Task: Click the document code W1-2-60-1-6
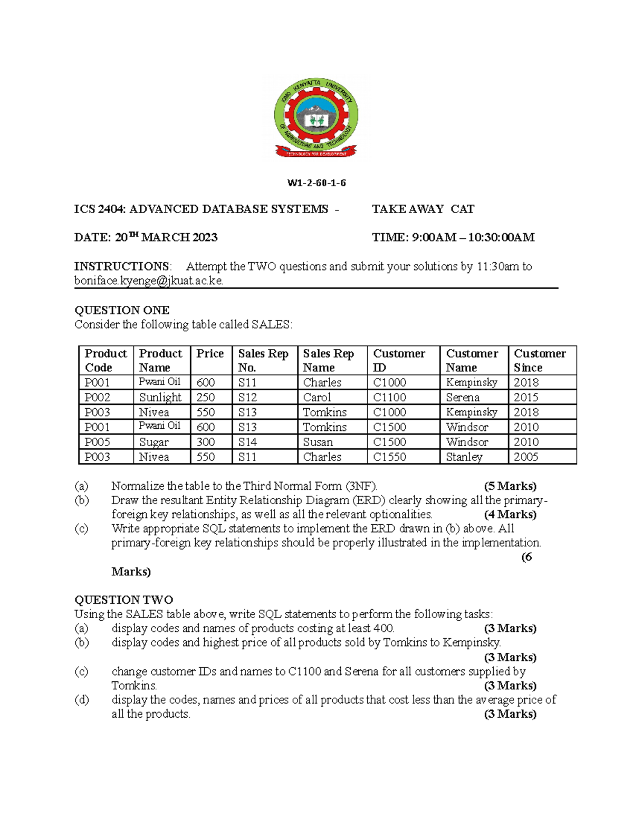[x=316, y=183]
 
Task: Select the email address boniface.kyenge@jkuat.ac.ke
[x=149, y=281]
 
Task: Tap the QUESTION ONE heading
[x=122, y=310]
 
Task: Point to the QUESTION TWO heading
[x=123, y=600]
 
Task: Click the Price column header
[x=210, y=354]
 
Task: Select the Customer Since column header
[x=540, y=360]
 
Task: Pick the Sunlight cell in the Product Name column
[x=160, y=397]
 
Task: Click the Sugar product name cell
[x=154, y=442]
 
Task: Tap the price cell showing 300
[x=206, y=442]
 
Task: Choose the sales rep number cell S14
[x=247, y=442]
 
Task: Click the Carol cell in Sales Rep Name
[x=317, y=397]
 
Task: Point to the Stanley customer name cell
[x=464, y=457]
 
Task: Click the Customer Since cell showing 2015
[x=526, y=397]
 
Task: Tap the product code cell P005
[x=98, y=442]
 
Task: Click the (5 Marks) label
[x=510, y=486]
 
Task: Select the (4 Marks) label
[x=510, y=514]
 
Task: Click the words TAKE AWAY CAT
[x=423, y=209]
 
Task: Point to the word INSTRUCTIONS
[x=122, y=266]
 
